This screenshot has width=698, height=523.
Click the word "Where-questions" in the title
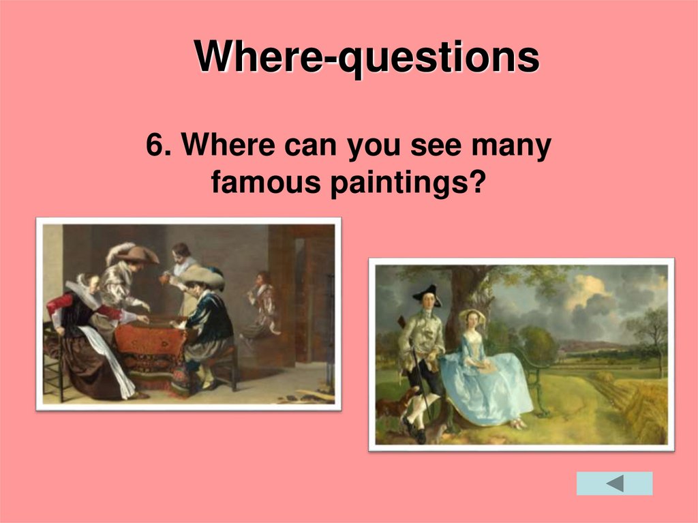click(367, 57)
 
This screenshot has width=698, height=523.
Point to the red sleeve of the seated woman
click(68, 303)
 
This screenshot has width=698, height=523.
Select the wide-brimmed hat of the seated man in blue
click(202, 275)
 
